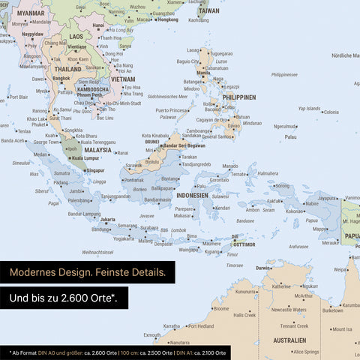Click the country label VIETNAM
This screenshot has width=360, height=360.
click(122, 79)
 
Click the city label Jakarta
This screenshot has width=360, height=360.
click(108, 220)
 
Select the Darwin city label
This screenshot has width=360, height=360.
click(263, 268)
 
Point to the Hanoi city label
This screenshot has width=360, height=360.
click(98, 25)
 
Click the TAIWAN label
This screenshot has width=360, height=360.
click(209, 11)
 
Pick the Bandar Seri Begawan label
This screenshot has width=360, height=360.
click(184, 145)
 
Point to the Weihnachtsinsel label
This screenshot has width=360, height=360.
click(97, 252)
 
